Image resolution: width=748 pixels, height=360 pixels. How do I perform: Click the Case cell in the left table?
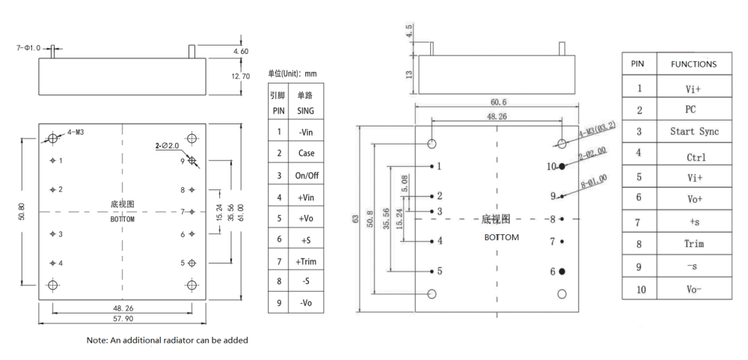[x=306, y=153]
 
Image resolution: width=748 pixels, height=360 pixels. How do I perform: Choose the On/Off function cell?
[x=306, y=175]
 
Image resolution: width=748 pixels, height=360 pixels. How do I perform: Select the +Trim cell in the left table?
[x=306, y=261]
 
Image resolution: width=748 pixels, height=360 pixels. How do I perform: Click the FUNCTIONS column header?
[x=693, y=64]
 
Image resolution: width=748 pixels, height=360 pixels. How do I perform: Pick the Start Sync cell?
[x=693, y=132]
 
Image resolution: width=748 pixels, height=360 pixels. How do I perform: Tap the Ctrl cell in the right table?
[x=693, y=157]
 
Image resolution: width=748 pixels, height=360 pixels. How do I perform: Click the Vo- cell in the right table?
[x=693, y=289]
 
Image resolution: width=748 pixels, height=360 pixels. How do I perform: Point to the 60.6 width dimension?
[x=498, y=102]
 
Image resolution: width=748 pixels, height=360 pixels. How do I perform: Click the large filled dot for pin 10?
[x=562, y=165]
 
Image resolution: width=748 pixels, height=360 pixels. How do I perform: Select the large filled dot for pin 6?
[x=562, y=271]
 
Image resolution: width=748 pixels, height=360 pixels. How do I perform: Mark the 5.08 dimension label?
[x=405, y=183]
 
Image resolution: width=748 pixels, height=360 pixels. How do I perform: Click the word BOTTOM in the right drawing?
[x=501, y=237]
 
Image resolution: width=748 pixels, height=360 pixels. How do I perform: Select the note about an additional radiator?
[x=167, y=341]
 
